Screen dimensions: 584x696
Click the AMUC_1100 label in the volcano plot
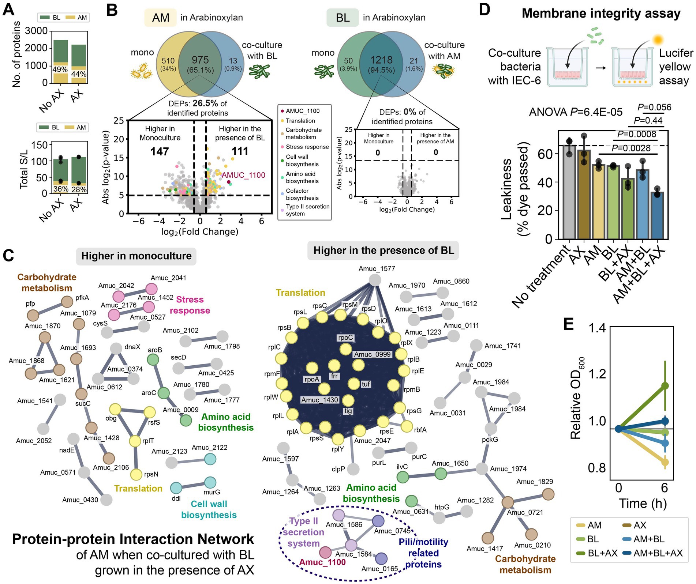(243, 175)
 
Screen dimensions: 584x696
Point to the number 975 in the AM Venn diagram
(200, 60)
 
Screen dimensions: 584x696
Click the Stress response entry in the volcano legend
(307, 147)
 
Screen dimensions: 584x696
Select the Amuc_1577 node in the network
(375, 280)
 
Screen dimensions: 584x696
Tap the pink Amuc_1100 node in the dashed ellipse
(325, 552)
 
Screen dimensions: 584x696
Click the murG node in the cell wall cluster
(210, 482)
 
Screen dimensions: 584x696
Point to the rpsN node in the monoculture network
(136, 475)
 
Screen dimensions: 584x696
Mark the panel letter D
(484, 10)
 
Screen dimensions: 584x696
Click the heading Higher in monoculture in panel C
(136, 256)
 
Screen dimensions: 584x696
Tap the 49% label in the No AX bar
(60, 69)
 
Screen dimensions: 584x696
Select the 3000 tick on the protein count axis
(36, 31)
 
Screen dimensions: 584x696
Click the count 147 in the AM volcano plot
(160, 151)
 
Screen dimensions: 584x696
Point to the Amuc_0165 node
(381, 558)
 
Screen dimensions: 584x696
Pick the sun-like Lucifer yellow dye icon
(658, 39)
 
